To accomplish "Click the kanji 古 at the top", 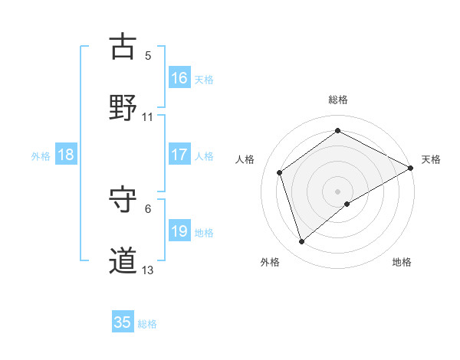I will [123, 47].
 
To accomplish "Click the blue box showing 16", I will [179, 77].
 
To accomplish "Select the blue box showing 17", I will [179, 155].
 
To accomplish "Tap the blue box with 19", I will [179, 231].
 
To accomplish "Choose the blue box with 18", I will [66, 155].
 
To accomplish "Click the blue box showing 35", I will [123, 322].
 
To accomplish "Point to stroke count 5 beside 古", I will [148, 55].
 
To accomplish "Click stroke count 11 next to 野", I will [148, 116].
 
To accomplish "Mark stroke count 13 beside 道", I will [148, 270].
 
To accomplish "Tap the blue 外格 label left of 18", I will [41, 155].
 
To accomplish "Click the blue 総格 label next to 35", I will [147, 324].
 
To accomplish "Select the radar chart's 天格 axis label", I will [431, 159].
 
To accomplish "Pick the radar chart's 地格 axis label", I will [402, 262].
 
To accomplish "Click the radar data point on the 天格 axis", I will [411, 168].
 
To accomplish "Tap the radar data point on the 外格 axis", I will [301, 242].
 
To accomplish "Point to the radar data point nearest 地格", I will [347, 204].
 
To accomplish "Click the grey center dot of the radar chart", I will [338, 191].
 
